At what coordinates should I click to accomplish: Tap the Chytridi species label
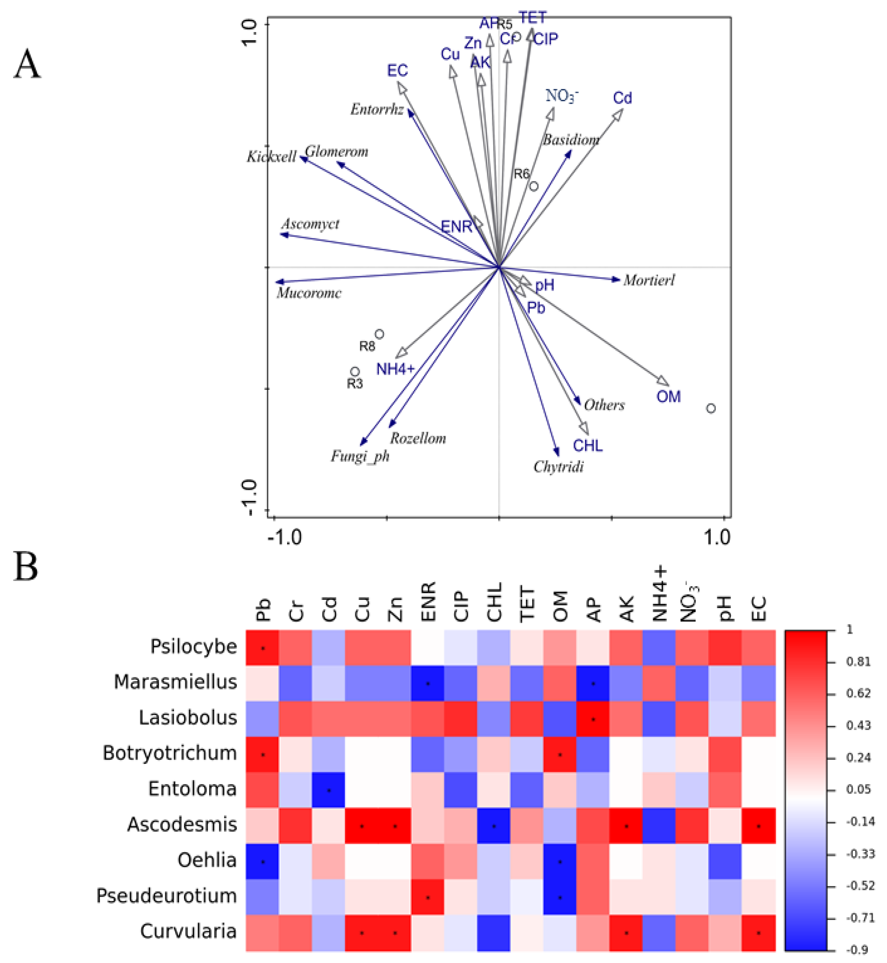click(558, 467)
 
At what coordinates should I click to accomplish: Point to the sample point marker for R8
click(379, 334)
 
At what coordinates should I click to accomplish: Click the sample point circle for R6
click(534, 186)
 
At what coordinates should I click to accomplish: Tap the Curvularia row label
click(188, 931)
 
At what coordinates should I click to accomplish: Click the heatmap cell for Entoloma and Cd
click(329, 789)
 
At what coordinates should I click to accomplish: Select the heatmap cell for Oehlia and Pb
click(263, 861)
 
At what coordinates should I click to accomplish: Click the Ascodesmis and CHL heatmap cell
click(494, 825)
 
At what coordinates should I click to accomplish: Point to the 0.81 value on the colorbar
click(858, 662)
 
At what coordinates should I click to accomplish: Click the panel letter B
click(26, 567)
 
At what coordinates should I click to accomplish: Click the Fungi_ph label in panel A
click(360, 456)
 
